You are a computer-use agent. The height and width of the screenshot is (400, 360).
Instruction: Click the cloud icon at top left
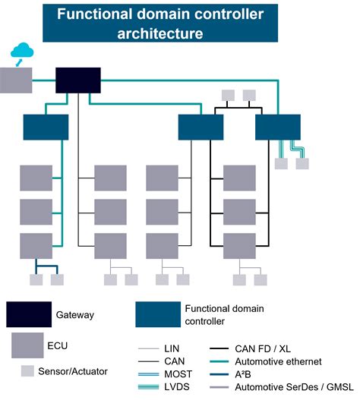click(x=22, y=52)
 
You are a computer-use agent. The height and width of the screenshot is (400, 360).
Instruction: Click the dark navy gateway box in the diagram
click(x=77, y=80)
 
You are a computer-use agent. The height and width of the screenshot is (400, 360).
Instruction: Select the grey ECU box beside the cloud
click(x=17, y=80)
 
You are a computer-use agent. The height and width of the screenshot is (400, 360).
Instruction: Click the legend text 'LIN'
click(x=172, y=348)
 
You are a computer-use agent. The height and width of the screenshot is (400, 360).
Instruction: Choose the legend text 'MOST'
click(x=177, y=374)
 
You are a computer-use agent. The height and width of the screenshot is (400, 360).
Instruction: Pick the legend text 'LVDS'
click(x=176, y=388)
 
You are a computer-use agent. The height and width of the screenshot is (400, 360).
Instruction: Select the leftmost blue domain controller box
click(x=46, y=127)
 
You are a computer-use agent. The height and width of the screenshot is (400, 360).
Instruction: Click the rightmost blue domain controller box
click(x=277, y=127)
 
